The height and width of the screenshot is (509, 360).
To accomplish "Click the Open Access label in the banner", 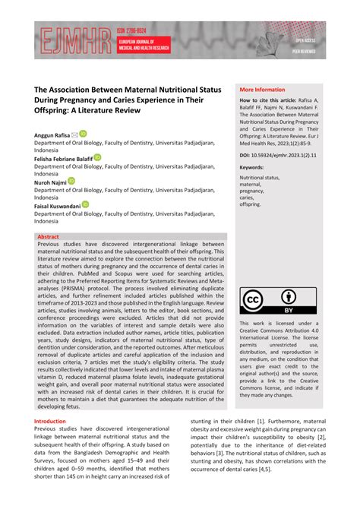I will [x=310, y=40].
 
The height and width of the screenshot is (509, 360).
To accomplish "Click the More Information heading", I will [x=262, y=89].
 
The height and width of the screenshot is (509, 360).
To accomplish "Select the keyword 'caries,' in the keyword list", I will [x=249, y=198].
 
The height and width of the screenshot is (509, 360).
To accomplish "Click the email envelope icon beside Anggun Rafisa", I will [x=74, y=134].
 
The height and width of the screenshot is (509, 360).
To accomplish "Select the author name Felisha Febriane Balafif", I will [x=63, y=158].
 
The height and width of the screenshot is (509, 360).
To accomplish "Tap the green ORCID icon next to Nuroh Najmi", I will [x=71, y=182].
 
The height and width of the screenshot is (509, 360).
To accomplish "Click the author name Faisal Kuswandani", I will [x=56, y=205].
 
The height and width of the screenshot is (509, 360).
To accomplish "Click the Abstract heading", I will [x=48, y=237].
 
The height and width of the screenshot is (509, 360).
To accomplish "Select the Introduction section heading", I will [x=50, y=421].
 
